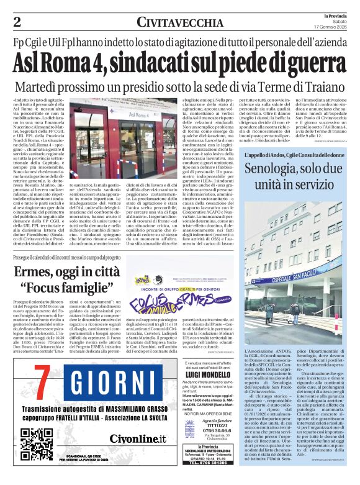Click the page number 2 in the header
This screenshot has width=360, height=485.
tap(17, 22)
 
